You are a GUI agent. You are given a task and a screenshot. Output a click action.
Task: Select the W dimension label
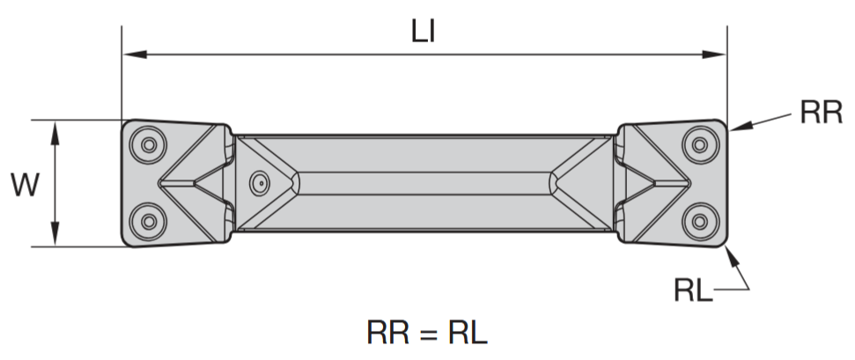click(x=24, y=184)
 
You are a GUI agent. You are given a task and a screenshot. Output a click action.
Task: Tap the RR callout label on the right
click(x=821, y=113)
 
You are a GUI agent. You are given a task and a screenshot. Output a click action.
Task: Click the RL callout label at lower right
click(x=695, y=289)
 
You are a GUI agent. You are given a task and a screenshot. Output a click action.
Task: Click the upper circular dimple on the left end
click(x=147, y=142)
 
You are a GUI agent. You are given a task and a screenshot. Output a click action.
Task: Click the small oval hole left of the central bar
click(x=258, y=182)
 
